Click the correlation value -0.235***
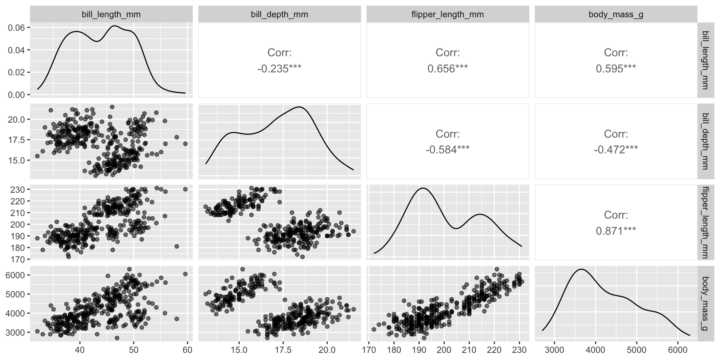pyautogui.click(x=279, y=69)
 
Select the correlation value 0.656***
pyautogui.click(x=447, y=69)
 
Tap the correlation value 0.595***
pyautogui.click(x=616, y=69)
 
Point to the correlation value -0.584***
pyautogui.click(x=447, y=150)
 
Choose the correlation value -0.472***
pyautogui.click(x=616, y=150)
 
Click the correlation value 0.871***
pyautogui.click(x=616, y=231)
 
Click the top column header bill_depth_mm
pyautogui.click(x=279, y=15)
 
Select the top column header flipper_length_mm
pyautogui.click(x=447, y=15)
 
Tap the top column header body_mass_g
pyautogui.click(x=616, y=15)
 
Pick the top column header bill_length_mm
pyautogui.click(x=111, y=15)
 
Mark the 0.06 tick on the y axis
pyautogui.click(x=15, y=28)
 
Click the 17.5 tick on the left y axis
pyautogui.click(x=15, y=140)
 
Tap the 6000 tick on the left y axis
pyautogui.click(x=15, y=275)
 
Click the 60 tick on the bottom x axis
pyautogui.click(x=187, y=350)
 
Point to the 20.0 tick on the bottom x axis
pyautogui.click(x=327, y=350)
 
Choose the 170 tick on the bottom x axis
pyautogui.click(x=369, y=350)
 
